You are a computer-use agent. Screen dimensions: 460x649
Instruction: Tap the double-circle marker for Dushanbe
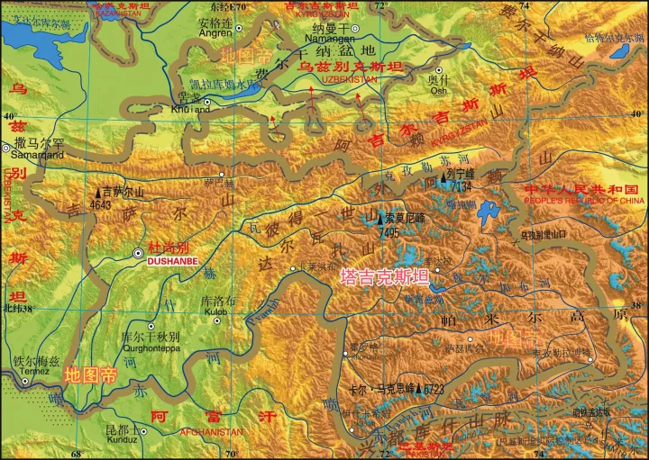click(x=138, y=253)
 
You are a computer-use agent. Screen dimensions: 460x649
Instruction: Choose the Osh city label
click(x=438, y=90)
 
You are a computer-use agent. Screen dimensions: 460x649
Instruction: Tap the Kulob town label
click(x=216, y=311)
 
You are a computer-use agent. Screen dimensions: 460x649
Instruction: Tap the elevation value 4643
click(x=102, y=203)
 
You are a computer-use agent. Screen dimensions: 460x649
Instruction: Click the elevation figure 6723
click(x=432, y=389)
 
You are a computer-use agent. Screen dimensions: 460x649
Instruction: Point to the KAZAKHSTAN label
click(x=116, y=14)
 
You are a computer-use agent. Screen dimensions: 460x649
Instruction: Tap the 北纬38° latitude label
click(x=17, y=308)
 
